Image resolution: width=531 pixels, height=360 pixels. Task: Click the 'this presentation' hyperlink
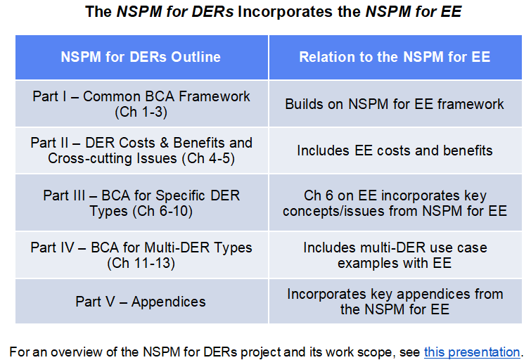[471, 352]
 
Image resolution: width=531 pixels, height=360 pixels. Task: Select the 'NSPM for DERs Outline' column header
[141, 57]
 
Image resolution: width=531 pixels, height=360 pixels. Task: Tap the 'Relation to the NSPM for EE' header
[395, 57]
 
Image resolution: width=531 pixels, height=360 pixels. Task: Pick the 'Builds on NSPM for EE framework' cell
[395, 104]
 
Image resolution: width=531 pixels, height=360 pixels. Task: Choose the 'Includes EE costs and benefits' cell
[395, 150]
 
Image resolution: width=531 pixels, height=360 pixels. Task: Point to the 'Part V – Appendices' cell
[141, 302]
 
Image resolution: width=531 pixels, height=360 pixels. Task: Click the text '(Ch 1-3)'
[141, 112]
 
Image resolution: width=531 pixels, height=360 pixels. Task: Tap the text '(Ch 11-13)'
[141, 263]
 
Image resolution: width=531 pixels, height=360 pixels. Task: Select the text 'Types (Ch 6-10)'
[141, 211]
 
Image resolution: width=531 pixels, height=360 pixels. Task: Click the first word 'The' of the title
[97, 12]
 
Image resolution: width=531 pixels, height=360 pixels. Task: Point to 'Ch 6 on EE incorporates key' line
[395, 195]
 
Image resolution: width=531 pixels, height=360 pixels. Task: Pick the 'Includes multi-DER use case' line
[395, 248]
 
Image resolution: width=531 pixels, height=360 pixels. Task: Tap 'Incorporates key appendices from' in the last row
[395, 294]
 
